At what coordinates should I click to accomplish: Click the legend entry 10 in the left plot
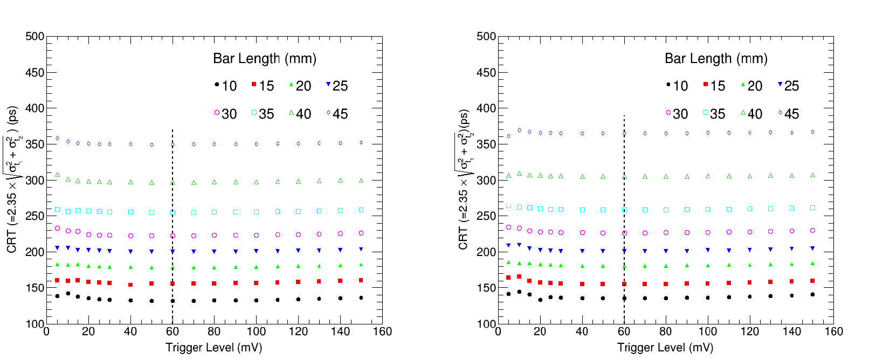click(225, 86)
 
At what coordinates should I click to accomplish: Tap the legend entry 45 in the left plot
click(336, 114)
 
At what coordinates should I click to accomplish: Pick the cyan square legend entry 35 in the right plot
click(713, 114)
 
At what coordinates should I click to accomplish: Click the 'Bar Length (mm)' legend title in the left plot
click(264, 58)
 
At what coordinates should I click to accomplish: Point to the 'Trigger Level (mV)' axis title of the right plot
click(665, 348)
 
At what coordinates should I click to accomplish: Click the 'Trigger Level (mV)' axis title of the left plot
click(213, 348)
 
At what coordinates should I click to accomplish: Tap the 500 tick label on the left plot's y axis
click(35, 37)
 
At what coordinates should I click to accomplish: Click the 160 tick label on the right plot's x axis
click(833, 331)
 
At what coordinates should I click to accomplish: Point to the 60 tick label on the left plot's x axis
click(173, 331)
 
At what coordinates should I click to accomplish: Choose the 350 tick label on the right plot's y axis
click(486, 144)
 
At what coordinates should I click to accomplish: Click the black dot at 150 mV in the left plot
click(361, 297)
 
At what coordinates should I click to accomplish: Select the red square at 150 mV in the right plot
click(812, 281)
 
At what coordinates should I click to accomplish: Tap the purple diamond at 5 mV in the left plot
click(58, 139)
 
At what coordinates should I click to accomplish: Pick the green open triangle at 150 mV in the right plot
click(812, 175)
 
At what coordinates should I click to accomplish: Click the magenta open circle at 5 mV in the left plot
click(58, 229)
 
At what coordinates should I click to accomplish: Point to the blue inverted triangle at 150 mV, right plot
click(812, 248)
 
